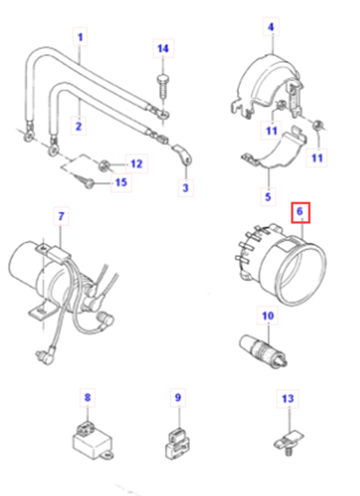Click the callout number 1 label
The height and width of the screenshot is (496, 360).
80,37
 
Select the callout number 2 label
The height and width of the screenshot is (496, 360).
78,126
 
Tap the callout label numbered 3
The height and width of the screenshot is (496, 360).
185,188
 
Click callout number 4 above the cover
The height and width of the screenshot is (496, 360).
271,26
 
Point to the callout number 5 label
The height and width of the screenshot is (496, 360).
268,197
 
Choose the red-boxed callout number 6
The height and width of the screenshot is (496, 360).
300,212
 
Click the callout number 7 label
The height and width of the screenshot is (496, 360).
61,216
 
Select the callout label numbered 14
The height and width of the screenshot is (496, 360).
163,48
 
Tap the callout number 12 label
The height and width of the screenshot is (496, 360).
136,164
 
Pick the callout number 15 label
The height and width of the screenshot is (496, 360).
121,182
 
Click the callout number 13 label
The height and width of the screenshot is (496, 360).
288,398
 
